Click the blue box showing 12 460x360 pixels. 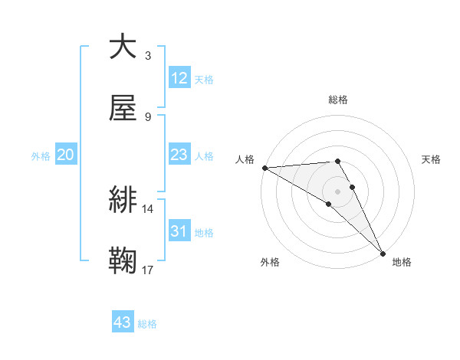point(179,78)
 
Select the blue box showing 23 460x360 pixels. point(179,155)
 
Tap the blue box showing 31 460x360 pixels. point(179,231)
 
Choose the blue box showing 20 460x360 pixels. point(66,155)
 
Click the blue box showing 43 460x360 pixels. point(123,322)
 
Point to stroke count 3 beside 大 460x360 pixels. point(148,55)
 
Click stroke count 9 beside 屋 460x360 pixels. point(148,116)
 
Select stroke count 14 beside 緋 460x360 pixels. point(148,208)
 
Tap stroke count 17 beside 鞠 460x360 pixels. point(148,270)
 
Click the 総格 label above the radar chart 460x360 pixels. point(338,100)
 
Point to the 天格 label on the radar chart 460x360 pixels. point(431,159)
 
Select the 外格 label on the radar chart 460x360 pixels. point(270,262)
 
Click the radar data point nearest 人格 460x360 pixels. point(264,167)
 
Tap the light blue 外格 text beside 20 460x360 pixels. point(41,155)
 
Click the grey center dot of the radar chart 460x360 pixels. point(338,191)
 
